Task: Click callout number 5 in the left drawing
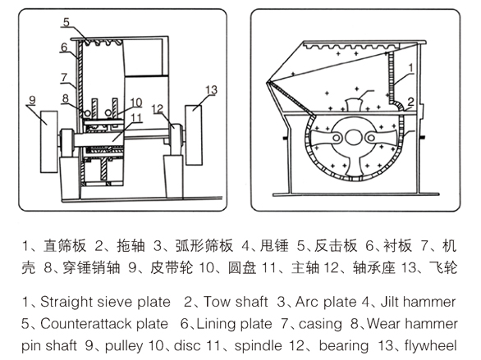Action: pyautogui.click(x=66, y=22)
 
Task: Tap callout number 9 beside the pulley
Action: pyautogui.click(x=32, y=100)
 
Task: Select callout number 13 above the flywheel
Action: pyautogui.click(x=211, y=90)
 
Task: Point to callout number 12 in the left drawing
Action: pyautogui.click(x=158, y=109)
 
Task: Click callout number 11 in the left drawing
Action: pyautogui.click(x=136, y=117)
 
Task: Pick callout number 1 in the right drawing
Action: pyautogui.click(x=410, y=68)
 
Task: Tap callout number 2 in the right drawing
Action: pyautogui.click(x=410, y=102)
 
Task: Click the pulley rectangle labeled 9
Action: pyautogui.click(x=49, y=142)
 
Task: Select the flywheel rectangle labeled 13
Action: pyautogui.click(x=194, y=135)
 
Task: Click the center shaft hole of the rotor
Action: pyautogui.click(x=352, y=137)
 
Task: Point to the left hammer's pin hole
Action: pyautogui.click(x=337, y=138)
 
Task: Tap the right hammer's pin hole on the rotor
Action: pyautogui.click(x=370, y=138)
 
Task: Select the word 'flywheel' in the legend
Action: pyautogui.click(x=431, y=346)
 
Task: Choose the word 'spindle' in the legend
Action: pyautogui.click(x=258, y=346)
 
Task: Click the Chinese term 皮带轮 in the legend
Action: pyautogui.click(x=172, y=267)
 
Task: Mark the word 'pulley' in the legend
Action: pyautogui.click(x=124, y=346)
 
